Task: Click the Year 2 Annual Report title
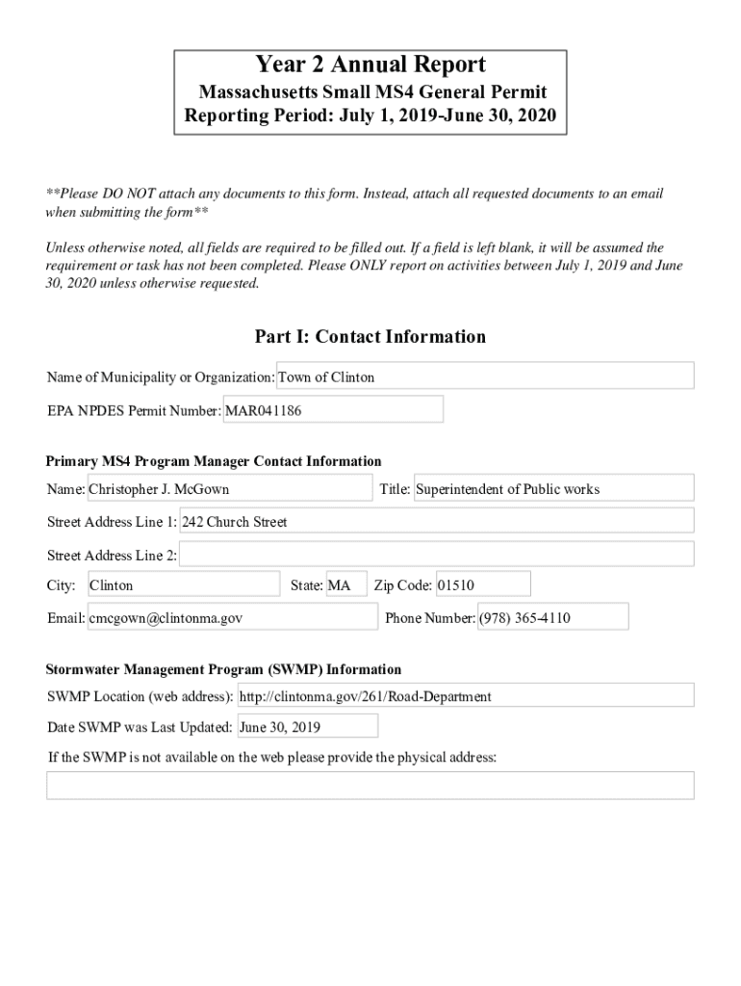pos(370,65)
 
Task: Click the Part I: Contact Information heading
pos(370,336)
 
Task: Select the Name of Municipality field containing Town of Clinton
pos(485,376)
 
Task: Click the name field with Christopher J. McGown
pos(229,489)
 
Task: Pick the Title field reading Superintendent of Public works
pos(553,489)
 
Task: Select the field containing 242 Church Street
pos(437,522)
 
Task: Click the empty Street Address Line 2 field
pos(437,555)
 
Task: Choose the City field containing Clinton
pos(183,585)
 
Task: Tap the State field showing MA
pos(346,585)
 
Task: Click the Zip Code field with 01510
pos(482,585)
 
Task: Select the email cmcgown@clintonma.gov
pos(232,618)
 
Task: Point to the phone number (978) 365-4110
pos(552,618)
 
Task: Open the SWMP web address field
pos(465,696)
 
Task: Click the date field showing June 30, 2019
pos(307,727)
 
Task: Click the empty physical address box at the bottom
pos(370,785)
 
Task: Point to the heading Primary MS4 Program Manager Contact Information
pos(215,461)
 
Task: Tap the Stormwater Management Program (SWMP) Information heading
pos(224,669)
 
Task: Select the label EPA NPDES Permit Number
pos(134,411)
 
